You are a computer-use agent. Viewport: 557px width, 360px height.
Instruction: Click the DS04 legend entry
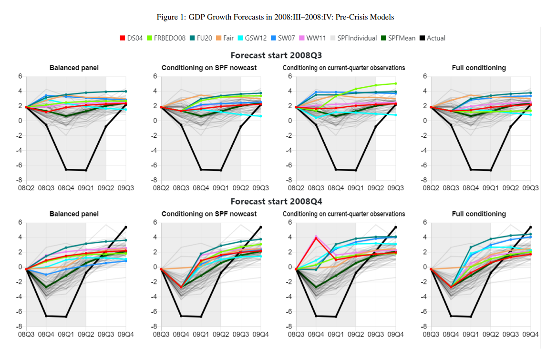click(134, 38)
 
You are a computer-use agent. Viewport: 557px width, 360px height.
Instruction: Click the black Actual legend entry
click(436, 38)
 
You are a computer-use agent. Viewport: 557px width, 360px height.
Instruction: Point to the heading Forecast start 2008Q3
click(276, 55)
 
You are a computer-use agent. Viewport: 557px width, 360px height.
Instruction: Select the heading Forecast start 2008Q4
click(276, 201)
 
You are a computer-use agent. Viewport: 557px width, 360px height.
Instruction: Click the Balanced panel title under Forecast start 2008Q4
click(74, 214)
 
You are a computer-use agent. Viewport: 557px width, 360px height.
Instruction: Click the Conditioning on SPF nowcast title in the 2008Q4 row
click(209, 214)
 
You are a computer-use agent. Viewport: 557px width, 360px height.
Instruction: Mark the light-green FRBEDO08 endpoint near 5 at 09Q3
click(395, 83)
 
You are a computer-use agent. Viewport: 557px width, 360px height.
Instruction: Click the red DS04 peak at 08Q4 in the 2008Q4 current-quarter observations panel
click(316, 237)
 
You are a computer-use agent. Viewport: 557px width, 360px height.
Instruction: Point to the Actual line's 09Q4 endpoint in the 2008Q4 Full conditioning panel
click(530, 227)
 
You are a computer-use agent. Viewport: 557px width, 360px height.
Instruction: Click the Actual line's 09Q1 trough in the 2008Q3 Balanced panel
click(86, 170)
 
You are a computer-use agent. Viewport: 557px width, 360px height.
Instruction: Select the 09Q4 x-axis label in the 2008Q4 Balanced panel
click(125, 335)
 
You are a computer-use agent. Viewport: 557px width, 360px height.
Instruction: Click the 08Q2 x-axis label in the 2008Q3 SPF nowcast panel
click(161, 188)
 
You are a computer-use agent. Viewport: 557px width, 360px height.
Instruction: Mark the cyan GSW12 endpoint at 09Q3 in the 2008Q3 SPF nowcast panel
click(260, 116)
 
